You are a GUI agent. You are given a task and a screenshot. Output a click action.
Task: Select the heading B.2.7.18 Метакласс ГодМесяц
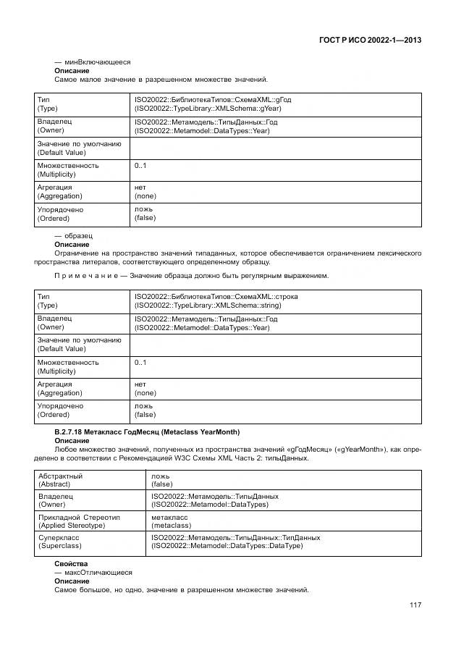coord(146,432)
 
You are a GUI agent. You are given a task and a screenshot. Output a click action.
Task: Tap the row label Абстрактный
coord(61,476)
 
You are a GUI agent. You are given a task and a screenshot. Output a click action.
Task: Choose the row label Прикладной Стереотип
coord(79,517)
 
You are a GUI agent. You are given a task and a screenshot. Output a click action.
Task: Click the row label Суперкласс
coord(59,538)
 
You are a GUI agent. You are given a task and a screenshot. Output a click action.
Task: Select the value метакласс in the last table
coord(170,517)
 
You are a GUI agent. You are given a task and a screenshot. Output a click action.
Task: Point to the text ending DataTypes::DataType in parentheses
coord(227,546)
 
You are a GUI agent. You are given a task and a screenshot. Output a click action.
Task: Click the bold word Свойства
coord(71,563)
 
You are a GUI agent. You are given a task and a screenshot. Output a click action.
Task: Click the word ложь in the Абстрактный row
coord(160,476)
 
